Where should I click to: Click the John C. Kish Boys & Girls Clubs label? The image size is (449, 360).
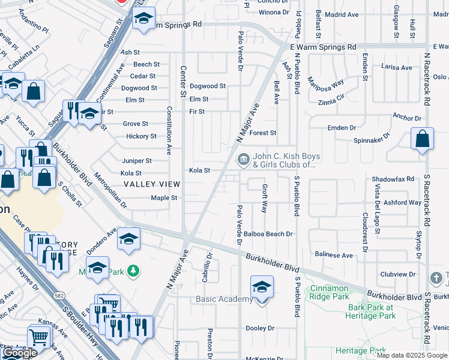286,160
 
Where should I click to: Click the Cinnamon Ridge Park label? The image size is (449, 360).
330,292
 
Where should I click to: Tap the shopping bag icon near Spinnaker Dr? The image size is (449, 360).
423,139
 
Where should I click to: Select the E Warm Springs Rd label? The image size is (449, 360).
322,47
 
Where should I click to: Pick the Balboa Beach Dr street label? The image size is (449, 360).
268,234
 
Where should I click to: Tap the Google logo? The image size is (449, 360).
20,353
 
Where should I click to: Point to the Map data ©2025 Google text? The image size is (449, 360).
412,355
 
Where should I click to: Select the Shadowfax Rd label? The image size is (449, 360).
393,179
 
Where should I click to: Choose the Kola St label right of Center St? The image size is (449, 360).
199,170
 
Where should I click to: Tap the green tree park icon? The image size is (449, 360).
133,272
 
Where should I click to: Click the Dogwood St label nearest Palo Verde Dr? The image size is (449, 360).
207,86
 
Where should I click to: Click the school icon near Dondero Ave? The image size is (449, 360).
128,239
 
